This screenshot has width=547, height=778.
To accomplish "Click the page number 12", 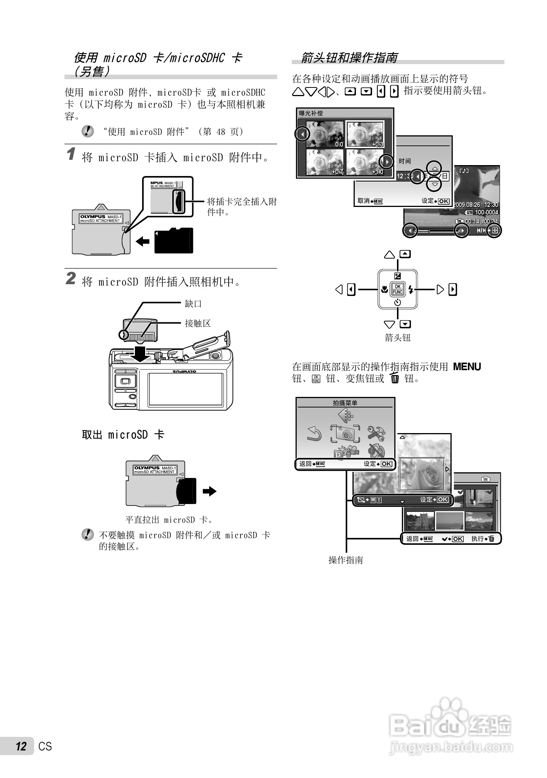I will [21, 746].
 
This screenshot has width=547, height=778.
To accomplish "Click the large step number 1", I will [71, 155].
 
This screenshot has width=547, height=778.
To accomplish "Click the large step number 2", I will [71, 279].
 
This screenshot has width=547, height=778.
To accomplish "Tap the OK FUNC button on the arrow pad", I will [397, 289].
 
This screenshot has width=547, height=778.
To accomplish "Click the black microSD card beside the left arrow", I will [174, 240].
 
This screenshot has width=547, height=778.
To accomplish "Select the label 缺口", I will [193, 303].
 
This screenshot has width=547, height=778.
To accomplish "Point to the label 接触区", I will [198, 323].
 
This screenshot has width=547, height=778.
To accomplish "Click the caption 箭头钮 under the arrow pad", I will [397, 337].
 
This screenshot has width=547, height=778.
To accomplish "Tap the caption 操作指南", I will [346, 560].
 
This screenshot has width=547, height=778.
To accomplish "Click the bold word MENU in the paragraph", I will [467, 366].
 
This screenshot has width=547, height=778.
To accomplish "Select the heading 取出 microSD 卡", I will [123, 435].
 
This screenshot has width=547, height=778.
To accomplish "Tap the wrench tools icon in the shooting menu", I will [376, 433].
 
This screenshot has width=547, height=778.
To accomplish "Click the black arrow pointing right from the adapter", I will [210, 491].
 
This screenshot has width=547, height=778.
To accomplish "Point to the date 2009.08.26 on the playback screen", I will [467, 205].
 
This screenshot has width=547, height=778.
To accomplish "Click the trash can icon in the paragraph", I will [395, 378].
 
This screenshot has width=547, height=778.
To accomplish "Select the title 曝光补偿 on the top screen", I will [311, 113].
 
